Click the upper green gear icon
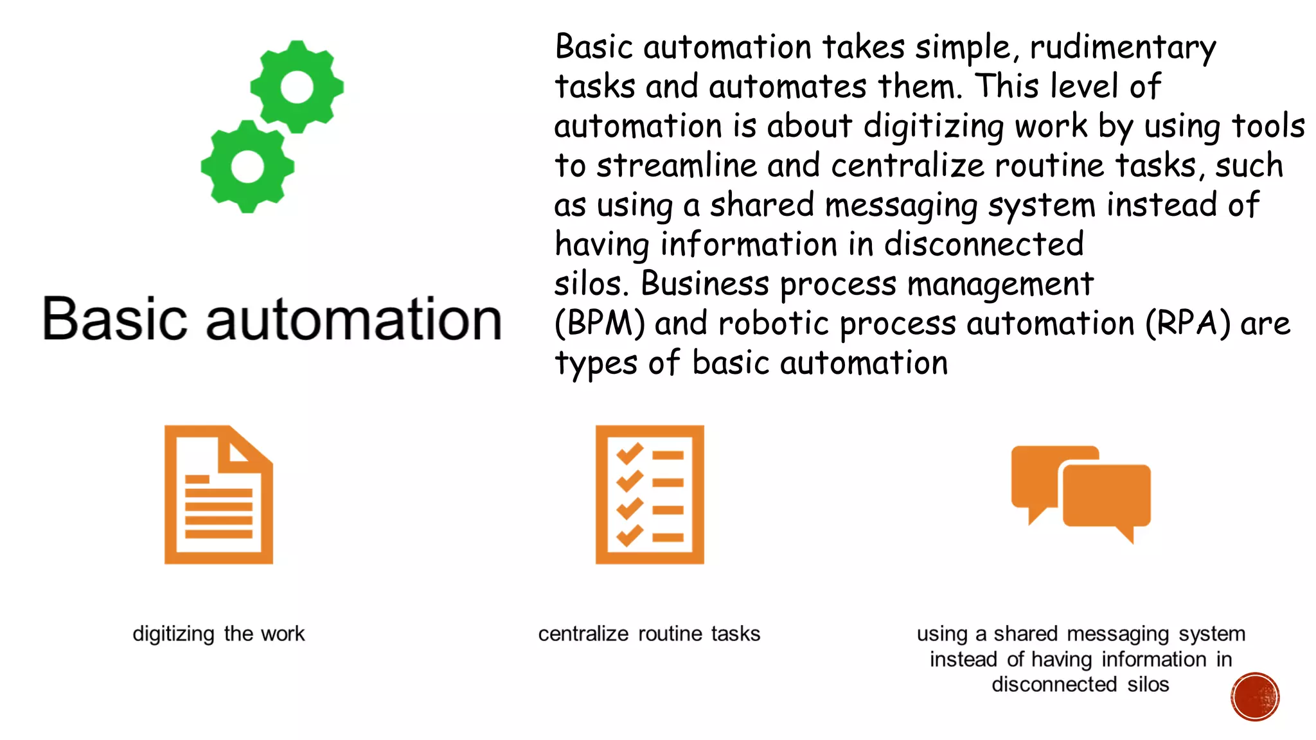point(297,87)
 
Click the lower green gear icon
point(247,166)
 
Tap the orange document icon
point(218,495)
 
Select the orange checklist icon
point(650,495)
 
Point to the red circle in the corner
point(1255,697)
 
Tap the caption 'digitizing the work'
point(218,634)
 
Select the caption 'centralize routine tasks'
point(649,634)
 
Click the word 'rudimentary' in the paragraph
point(1123,48)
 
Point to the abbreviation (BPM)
point(600,323)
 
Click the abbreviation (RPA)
point(1188,323)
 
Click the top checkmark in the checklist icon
point(630,454)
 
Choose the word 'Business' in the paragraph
point(705,284)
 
